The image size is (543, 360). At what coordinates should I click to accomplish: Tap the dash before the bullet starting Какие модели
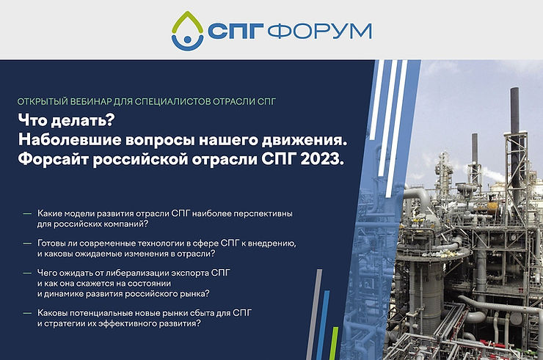[27, 213]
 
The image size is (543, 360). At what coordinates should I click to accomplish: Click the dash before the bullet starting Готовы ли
[27, 243]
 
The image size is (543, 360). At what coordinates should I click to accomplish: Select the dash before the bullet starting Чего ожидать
[27, 273]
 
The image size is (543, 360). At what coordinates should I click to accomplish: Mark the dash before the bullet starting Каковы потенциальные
[27, 313]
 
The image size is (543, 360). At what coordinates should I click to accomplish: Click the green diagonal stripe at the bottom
[334, 343]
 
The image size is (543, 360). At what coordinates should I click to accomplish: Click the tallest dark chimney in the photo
[515, 132]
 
